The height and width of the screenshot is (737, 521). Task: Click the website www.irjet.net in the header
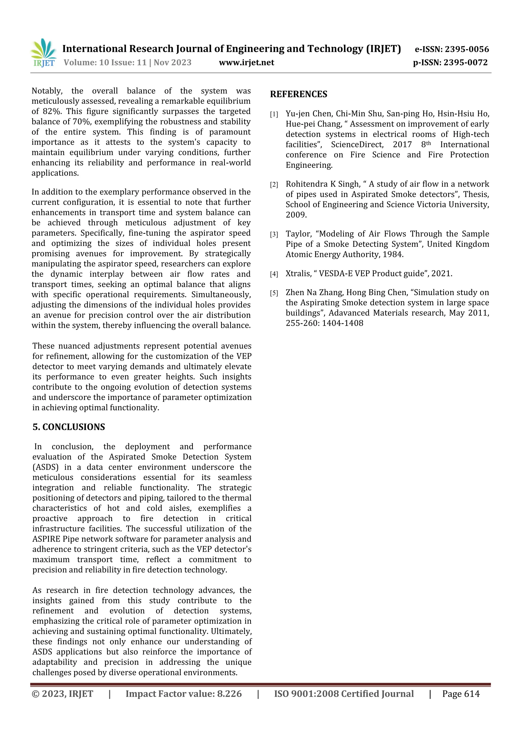pyautogui.click(x=246, y=63)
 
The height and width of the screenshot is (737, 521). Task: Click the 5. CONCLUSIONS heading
pyautogui.click(x=69, y=427)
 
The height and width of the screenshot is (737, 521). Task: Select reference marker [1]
pyautogui.click(x=273, y=114)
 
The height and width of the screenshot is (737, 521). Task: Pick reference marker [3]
pyautogui.click(x=273, y=234)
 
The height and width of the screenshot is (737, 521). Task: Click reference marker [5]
pyautogui.click(x=273, y=293)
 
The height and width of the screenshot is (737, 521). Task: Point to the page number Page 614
pyautogui.click(x=461, y=694)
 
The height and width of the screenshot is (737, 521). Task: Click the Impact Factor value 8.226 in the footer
pyautogui.click(x=229, y=694)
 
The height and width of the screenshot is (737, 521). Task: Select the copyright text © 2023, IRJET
pyautogui.click(x=62, y=694)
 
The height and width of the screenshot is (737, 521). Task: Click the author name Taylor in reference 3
pyautogui.click(x=298, y=234)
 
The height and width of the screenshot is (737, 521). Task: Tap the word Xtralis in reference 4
pyautogui.click(x=298, y=273)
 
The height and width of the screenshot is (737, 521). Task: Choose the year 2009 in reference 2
pyautogui.click(x=296, y=215)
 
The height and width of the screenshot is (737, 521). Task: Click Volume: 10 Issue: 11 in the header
pyautogui.click(x=105, y=63)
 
